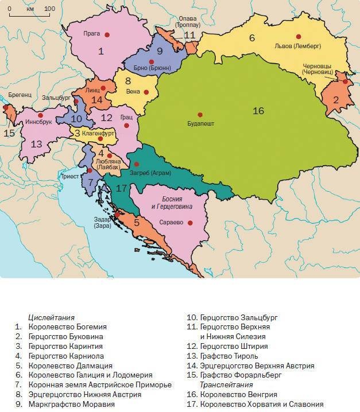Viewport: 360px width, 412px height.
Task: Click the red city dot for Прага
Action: [x=106, y=35]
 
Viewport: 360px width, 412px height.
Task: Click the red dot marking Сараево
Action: [x=189, y=223]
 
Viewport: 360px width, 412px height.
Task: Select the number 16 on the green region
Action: [x=258, y=110]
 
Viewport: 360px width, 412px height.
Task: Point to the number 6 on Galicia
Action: [x=251, y=38]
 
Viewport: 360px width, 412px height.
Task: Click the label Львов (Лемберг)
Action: [x=298, y=46]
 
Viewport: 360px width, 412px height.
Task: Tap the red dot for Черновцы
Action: [x=345, y=81]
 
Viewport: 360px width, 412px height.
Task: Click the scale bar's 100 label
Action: [x=49, y=9]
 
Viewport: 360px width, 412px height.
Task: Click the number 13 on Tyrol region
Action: [x=36, y=144]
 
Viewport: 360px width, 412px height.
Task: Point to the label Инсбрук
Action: [x=38, y=122]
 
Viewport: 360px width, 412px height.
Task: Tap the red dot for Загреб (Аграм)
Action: [x=136, y=164]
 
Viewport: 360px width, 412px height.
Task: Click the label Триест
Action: [x=69, y=177]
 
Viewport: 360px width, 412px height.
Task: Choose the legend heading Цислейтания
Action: [x=51, y=317]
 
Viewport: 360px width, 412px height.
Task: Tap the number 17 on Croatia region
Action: [x=121, y=188]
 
